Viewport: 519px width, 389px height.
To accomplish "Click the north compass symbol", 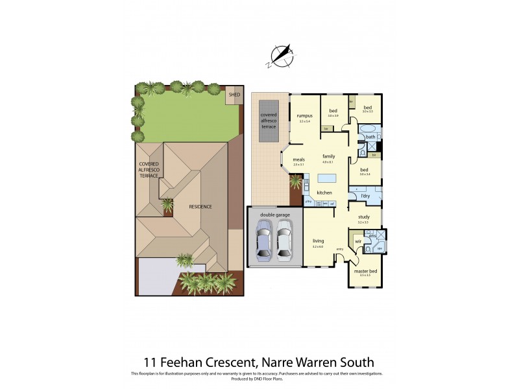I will pyautogui.click(x=282, y=56).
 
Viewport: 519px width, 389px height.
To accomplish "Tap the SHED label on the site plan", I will pyautogui.click(x=235, y=95).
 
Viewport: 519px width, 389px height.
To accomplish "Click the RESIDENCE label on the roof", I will pyautogui.click(x=200, y=207).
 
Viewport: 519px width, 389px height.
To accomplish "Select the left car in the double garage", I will pyautogui.click(x=264, y=240).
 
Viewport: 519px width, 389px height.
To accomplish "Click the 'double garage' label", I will pyautogui.click(x=274, y=215).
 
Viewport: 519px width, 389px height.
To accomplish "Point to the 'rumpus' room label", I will pyautogui.click(x=304, y=116).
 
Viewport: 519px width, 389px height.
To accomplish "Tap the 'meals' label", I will pyautogui.click(x=299, y=159).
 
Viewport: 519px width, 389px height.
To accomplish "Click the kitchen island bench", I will pyautogui.click(x=328, y=178).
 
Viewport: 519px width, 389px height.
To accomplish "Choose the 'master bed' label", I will pyautogui.click(x=363, y=271).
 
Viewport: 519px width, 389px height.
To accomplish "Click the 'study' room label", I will pyautogui.click(x=363, y=217).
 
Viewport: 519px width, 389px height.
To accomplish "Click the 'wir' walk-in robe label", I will pyautogui.click(x=357, y=241).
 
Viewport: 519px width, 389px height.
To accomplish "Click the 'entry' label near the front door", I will pyautogui.click(x=339, y=249).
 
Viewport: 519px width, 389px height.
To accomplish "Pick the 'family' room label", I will pyautogui.click(x=328, y=156).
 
